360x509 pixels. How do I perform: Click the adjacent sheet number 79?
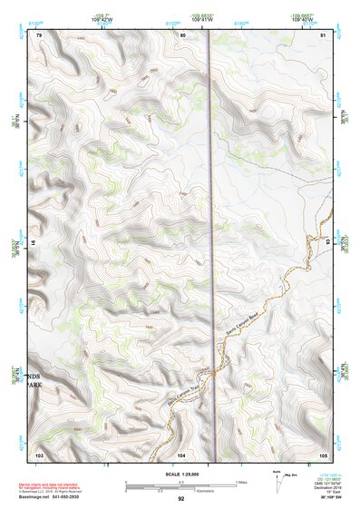pos(39,34)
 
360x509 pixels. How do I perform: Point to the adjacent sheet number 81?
pos(324,34)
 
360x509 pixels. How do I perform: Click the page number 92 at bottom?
pos(181,499)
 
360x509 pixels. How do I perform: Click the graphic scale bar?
pos(180,485)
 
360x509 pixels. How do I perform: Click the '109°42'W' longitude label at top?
pos(102,18)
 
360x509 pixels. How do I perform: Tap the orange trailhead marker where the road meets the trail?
pos(210,371)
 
